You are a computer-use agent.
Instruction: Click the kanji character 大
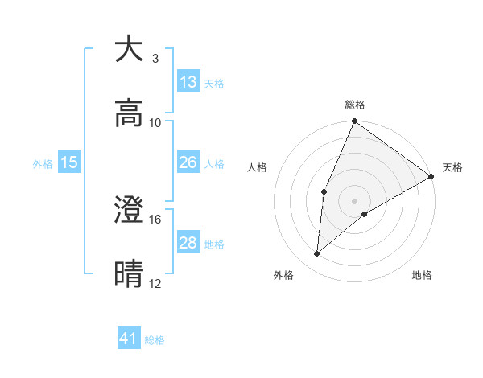[130, 49]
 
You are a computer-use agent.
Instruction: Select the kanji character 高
[130, 113]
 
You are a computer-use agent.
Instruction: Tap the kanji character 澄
[130, 210]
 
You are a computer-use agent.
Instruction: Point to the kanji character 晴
[130, 274]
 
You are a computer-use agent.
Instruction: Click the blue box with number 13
[188, 82]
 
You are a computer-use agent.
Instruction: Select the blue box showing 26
[188, 162]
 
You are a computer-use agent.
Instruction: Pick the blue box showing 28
[188, 243]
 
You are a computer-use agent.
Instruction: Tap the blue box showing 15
[69, 162]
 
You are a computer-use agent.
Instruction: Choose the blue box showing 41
[129, 339]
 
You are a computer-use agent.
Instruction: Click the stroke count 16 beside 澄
[155, 219]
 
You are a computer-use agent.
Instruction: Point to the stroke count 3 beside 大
[155, 58]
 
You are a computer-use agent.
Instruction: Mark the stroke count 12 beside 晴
[155, 283]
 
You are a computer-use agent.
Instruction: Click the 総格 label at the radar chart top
[355, 105]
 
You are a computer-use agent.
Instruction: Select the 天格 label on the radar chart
[452, 167]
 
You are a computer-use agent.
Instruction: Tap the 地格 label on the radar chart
[422, 275]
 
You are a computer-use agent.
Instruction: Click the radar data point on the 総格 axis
[354, 122]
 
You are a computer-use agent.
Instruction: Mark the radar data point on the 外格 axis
[317, 254]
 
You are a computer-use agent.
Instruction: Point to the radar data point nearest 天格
[431, 177]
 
